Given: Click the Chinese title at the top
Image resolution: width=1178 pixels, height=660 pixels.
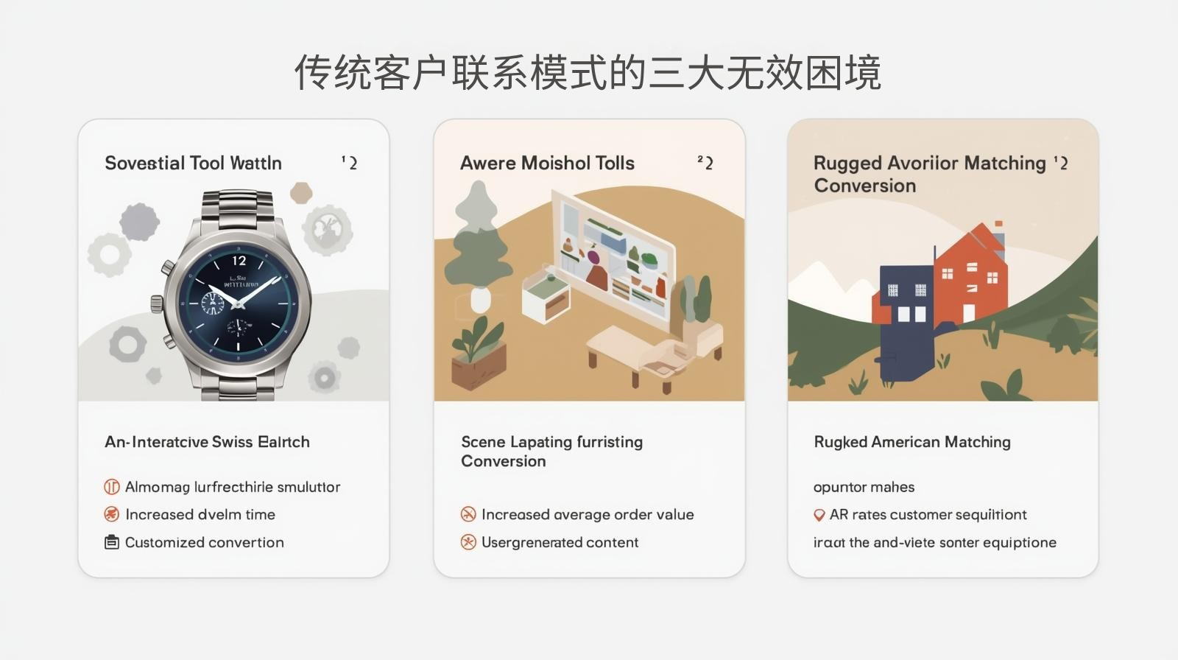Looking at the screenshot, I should pyautogui.click(x=588, y=72).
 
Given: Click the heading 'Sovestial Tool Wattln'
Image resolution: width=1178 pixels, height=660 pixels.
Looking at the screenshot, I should pyautogui.click(x=193, y=163).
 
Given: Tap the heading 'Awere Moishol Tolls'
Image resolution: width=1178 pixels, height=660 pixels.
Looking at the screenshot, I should pyautogui.click(x=547, y=163).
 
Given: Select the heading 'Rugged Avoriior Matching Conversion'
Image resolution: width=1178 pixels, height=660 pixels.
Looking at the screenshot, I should pyautogui.click(x=929, y=174).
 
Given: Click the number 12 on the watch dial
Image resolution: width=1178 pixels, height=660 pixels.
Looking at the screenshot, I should pyautogui.click(x=239, y=261).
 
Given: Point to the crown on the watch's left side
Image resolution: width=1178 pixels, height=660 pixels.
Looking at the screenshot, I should pyautogui.click(x=157, y=303).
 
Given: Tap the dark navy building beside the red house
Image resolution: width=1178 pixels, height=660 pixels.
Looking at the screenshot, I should pyautogui.click(x=905, y=317).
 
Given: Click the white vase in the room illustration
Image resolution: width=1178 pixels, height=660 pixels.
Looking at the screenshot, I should pyautogui.click(x=480, y=299).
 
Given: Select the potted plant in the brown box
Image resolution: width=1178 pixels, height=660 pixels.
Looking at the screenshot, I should pyautogui.click(x=479, y=354).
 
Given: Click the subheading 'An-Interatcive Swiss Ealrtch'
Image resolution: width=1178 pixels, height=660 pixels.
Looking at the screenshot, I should pyautogui.click(x=207, y=442).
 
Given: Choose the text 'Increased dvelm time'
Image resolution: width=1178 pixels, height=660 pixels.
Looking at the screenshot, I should pyautogui.click(x=200, y=514).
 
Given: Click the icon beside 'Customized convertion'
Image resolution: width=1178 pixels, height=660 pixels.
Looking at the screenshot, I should pyautogui.click(x=112, y=542).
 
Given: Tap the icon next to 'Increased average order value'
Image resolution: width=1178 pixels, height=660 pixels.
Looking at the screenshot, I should pyautogui.click(x=468, y=514).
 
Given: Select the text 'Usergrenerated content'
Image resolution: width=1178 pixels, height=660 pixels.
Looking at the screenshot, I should pyautogui.click(x=560, y=542).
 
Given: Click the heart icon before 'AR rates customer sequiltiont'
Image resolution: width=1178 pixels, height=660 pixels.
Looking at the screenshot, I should pyautogui.click(x=819, y=515).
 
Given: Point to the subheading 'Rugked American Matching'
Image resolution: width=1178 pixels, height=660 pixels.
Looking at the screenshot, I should pyautogui.click(x=911, y=442).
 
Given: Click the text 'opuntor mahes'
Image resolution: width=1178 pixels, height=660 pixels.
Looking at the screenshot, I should pyautogui.click(x=864, y=487).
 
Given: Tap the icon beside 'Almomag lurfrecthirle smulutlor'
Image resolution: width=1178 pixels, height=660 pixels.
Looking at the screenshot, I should pyautogui.click(x=112, y=487).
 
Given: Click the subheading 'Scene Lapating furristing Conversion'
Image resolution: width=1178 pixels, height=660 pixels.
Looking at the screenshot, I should pyautogui.click(x=551, y=451).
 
